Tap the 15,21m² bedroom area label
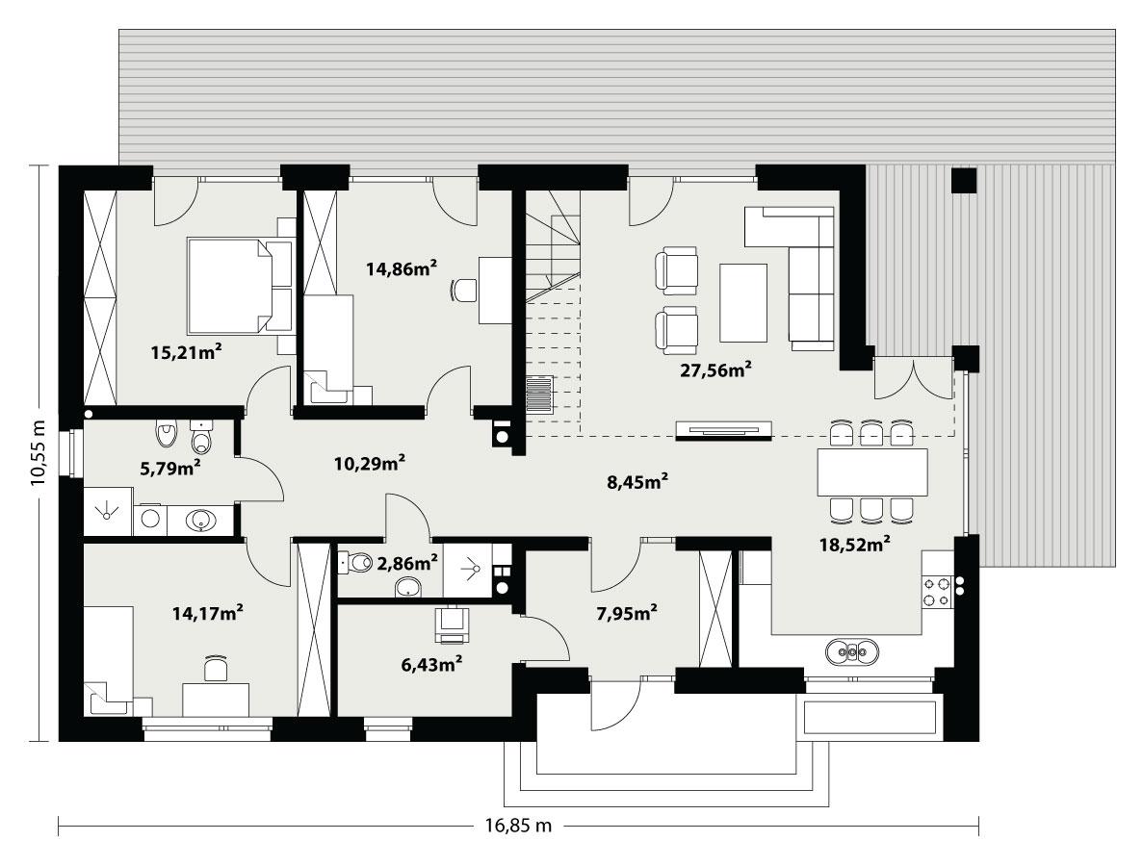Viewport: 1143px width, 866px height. coord(186,352)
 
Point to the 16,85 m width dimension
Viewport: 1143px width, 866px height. coord(517,825)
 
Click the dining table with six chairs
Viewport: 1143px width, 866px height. coord(872,471)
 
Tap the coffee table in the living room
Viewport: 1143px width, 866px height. coord(743,302)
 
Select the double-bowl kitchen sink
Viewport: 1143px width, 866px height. coord(852,652)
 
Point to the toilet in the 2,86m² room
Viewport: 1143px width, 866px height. coord(357,561)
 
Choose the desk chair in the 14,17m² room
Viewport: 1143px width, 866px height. coord(217,668)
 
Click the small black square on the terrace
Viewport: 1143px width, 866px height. coord(963,180)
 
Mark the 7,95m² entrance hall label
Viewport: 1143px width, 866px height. coord(626,611)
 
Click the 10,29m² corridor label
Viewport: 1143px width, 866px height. coord(369,464)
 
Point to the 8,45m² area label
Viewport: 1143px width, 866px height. coord(636,482)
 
